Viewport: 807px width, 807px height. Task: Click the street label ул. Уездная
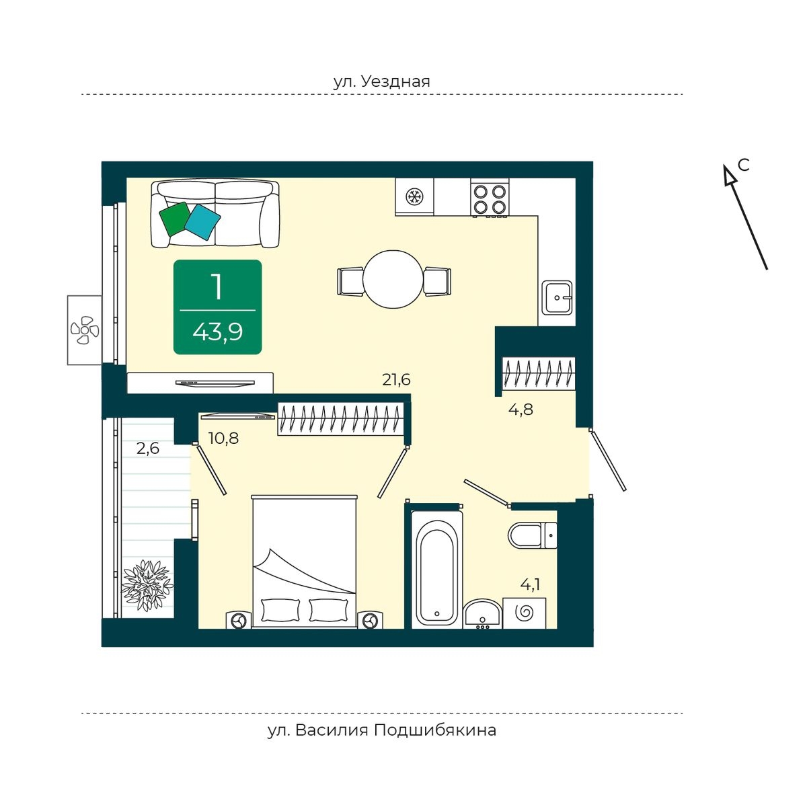click(381, 81)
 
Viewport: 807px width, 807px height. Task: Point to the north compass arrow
click(746, 217)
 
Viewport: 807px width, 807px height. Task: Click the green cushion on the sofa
click(175, 219)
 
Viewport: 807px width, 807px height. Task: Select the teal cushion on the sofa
click(202, 222)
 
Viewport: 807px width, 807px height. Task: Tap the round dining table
click(393, 279)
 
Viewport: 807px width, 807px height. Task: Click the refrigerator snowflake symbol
click(414, 196)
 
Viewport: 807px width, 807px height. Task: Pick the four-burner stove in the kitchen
click(489, 197)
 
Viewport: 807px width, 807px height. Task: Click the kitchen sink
click(557, 297)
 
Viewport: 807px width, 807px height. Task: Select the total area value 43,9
click(217, 333)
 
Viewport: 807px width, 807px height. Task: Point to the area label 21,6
click(396, 379)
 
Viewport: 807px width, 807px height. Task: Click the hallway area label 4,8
click(521, 409)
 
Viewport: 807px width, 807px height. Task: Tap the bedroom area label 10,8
click(224, 438)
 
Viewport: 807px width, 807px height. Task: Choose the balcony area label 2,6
click(148, 449)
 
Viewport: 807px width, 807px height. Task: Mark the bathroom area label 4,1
click(530, 584)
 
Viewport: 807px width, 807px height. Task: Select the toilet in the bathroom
click(532, 535)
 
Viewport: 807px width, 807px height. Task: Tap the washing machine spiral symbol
click(525, 613)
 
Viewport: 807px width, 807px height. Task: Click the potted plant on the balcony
click(147, 585)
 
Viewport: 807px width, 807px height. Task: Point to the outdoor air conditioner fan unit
click(85, 330)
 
